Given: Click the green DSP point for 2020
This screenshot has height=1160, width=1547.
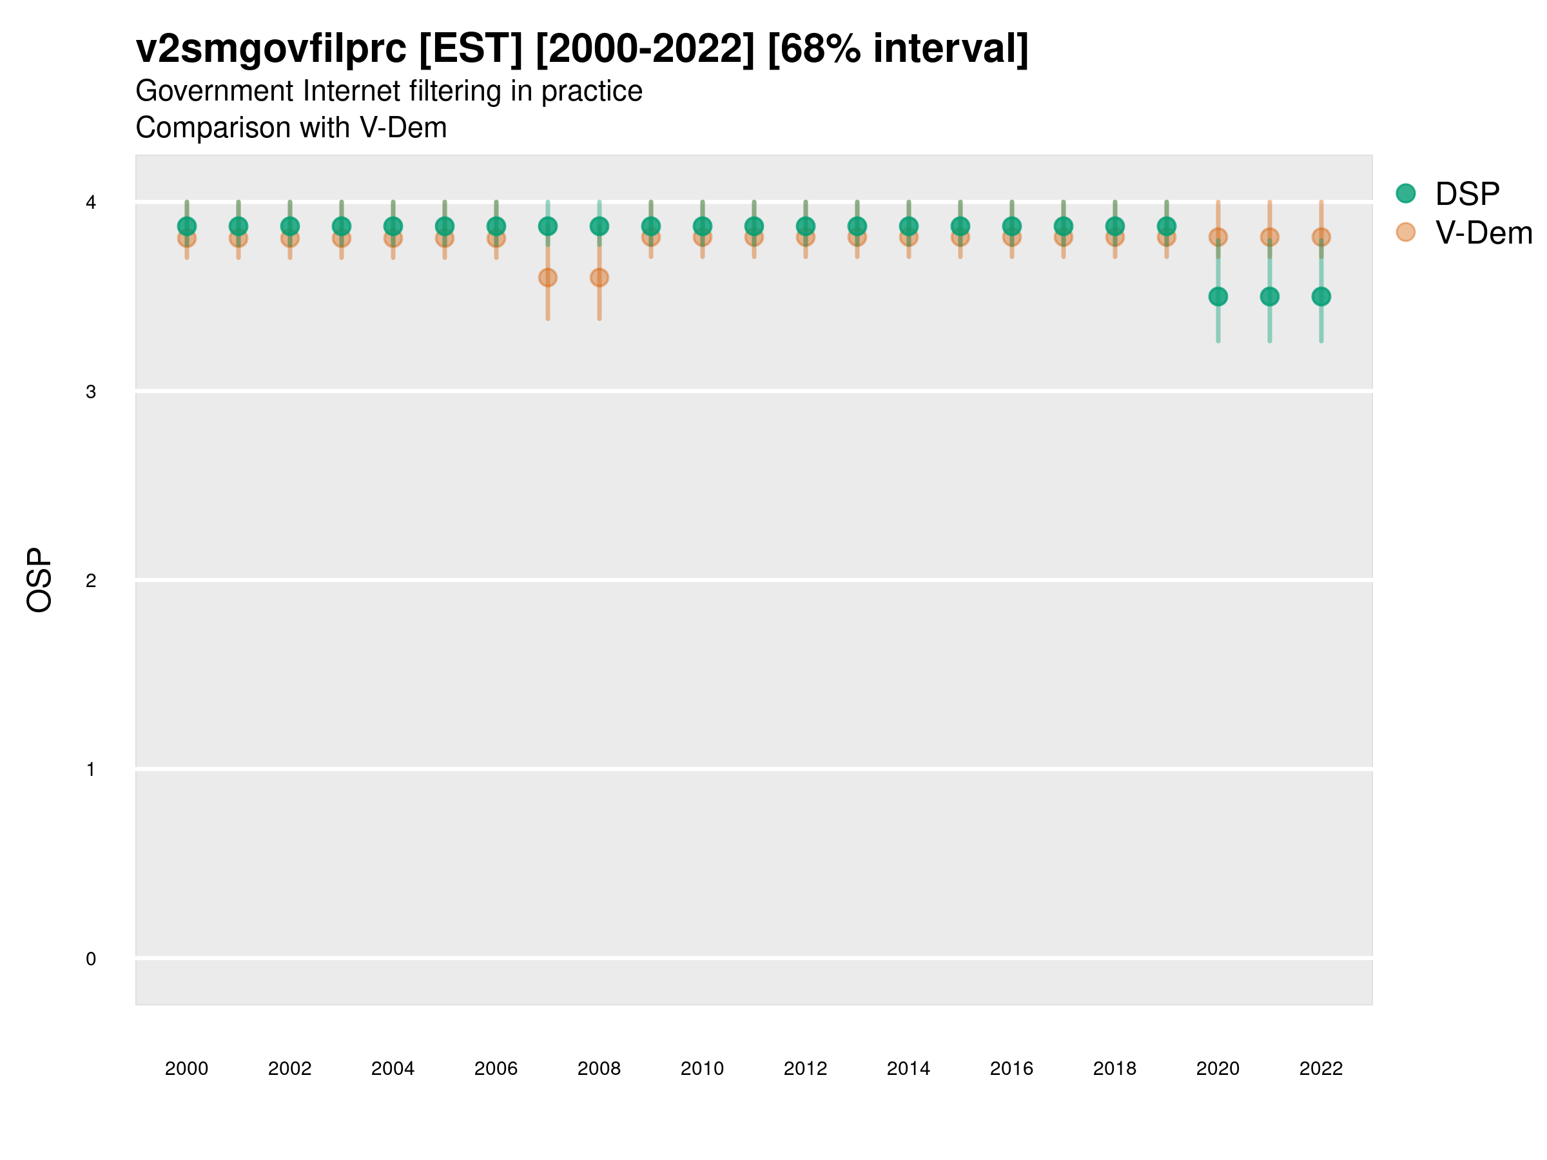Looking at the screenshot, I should pos(1218,296).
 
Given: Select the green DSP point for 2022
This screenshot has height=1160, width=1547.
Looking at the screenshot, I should pos(1321,296).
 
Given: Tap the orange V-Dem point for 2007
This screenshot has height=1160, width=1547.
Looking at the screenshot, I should pos(548,278).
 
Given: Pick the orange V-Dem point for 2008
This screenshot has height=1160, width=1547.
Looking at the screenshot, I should pos(599,278).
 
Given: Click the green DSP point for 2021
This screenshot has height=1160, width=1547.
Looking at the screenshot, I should pos(1269,296).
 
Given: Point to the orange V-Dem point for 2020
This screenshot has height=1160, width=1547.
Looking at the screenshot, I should pos(1218,237).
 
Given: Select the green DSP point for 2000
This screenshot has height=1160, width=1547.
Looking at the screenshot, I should pos(187,226).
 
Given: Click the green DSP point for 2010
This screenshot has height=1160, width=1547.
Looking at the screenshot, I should pos(702,226).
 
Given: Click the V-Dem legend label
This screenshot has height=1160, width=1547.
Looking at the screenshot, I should pos(1483,233).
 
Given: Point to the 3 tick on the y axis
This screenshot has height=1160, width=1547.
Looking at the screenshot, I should pos(91,392).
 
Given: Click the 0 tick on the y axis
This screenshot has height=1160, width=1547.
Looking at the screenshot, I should pos(91,959).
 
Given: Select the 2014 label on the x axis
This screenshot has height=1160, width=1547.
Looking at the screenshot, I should pos(908,1068).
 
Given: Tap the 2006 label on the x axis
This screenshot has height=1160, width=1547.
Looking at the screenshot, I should pos(496,1068).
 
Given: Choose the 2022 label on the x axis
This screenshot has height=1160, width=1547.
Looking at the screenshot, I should pos(1321,1068).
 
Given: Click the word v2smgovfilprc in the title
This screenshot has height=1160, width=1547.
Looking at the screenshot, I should pos(271,49).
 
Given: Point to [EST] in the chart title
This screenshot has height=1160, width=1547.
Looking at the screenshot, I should pos(471,49).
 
